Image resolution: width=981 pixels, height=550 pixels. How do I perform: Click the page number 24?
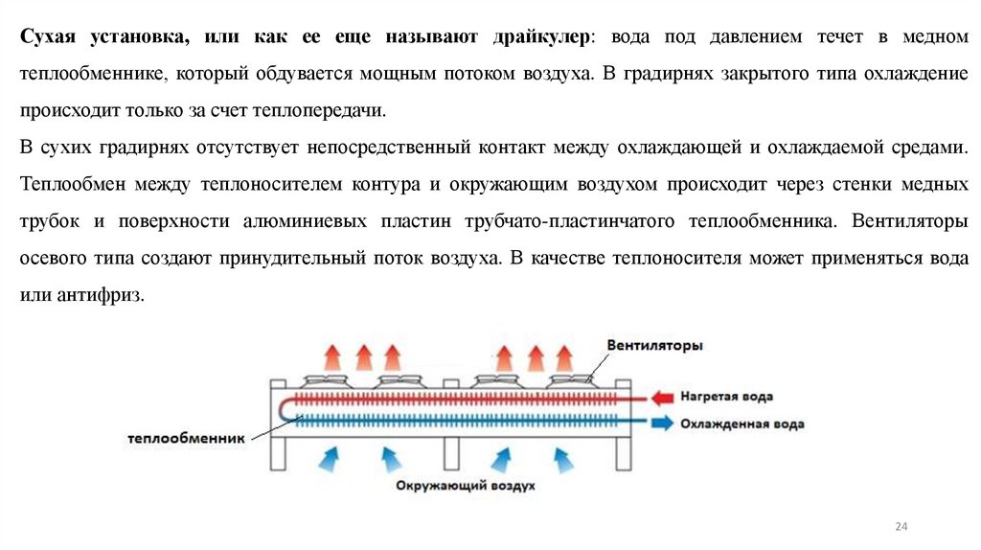click(900, 526)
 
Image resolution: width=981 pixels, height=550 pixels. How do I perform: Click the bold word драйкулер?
click(538, 35)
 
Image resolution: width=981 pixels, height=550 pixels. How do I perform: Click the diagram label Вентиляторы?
click(654, 345)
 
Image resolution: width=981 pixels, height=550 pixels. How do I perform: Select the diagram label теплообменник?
click(187, 439)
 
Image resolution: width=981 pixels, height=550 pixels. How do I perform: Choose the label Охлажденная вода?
click(741, 423)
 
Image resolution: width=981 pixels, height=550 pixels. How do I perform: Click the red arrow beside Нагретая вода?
click(662, 396)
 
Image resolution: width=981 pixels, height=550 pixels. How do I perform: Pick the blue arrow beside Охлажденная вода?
click(662, 423)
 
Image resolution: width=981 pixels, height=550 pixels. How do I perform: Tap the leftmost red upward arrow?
click(331, 356)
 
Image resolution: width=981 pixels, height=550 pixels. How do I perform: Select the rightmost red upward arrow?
click(563, 356)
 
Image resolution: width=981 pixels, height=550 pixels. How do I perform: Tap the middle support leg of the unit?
click(448, 454)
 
